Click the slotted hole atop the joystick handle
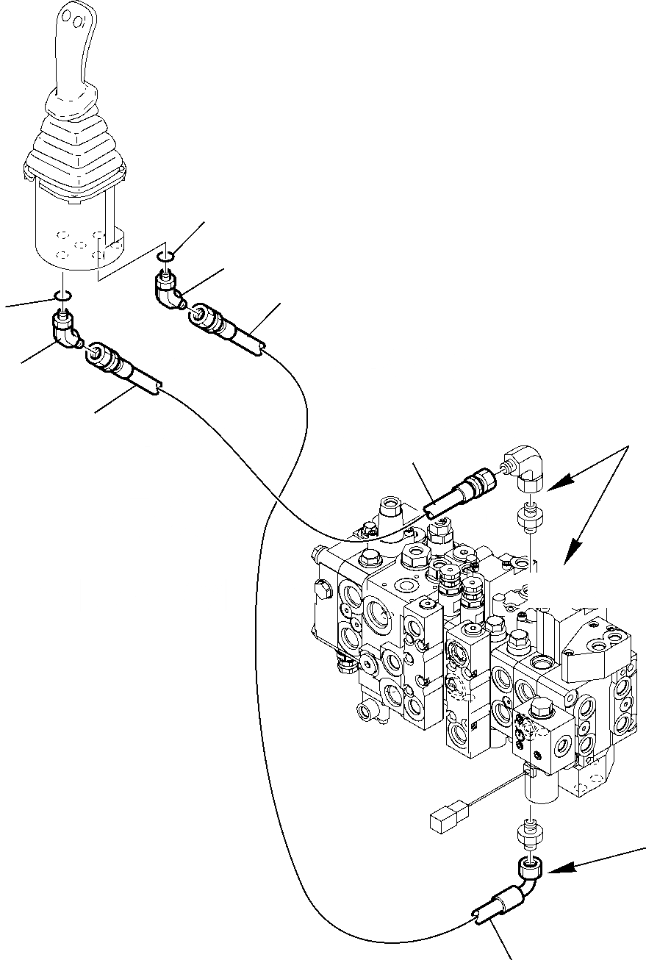pos(71,17)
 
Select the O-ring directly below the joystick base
pos(62,295)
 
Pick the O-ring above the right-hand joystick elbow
pos(165,256)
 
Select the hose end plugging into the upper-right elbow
pos(474,486)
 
